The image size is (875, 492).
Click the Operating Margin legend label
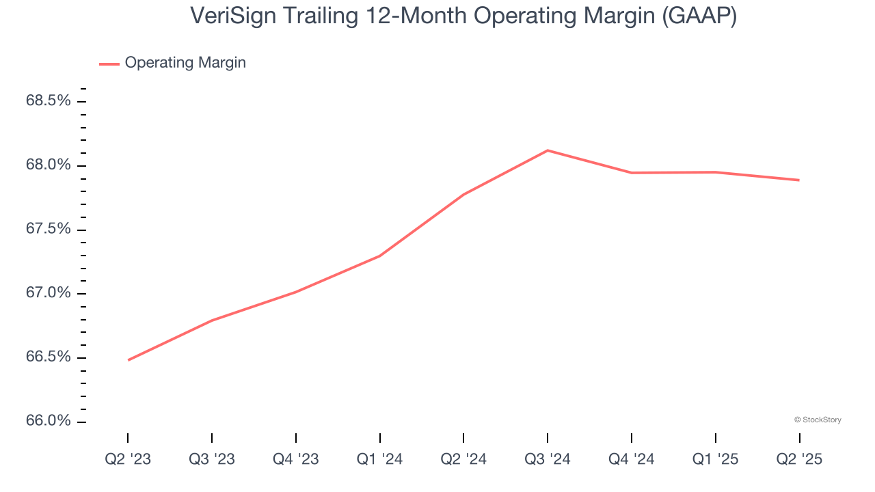[x=185, y=63]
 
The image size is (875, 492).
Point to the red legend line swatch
[x=109, y=64]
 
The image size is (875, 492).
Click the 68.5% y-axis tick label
[x=49, y=101]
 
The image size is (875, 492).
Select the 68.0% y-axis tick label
[x=49, y=165]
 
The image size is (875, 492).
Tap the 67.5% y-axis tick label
[x=49, y=229]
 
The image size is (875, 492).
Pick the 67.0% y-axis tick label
[x=49, y=293]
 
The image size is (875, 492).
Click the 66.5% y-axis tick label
[x=49, y=357]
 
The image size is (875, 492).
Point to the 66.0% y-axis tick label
[x=49, y=421]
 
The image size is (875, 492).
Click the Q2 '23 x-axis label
[x=128, y=459]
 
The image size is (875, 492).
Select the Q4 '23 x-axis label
[x=296, y=459]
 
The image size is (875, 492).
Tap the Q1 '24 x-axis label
[x=380, y=459]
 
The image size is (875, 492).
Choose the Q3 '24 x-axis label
[x=548, y=459]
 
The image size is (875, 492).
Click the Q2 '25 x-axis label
[x=799, y=459]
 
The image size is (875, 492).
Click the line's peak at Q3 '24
[x=548, y=150]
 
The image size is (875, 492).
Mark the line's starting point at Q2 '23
[x=129, y=360]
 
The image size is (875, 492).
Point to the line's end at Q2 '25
[x=799, y=180]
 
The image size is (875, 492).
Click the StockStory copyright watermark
[x=818, y=420]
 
